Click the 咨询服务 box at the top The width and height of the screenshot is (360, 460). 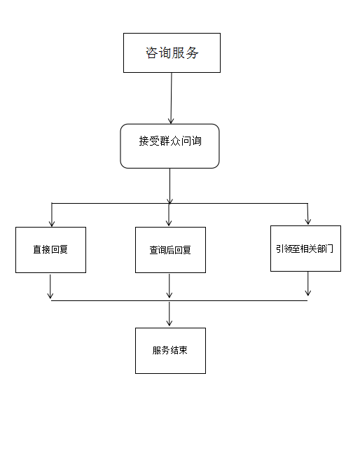172,53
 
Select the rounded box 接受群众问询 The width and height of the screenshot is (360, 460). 169,146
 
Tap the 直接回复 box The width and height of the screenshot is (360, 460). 50,250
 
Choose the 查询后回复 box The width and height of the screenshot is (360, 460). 170,250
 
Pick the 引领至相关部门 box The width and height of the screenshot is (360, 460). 305,249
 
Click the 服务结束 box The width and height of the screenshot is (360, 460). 170,351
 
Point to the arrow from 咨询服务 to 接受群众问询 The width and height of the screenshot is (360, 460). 172,98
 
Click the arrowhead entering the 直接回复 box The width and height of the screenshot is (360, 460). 52,223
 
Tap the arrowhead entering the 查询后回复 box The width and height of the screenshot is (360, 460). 169,223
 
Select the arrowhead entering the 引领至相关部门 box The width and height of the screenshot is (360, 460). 308,221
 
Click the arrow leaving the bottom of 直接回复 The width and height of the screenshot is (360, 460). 50,286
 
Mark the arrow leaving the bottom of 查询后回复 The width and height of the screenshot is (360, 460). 169,286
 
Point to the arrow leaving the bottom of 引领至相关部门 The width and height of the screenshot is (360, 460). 307,284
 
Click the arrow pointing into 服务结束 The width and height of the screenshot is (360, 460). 169,314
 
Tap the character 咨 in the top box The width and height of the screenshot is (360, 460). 152,53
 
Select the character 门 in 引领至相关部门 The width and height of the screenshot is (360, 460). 329,249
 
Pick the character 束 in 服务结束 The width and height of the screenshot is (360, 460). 183,350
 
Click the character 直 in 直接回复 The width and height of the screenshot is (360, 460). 37,249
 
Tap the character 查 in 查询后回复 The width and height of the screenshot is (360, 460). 154,250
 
